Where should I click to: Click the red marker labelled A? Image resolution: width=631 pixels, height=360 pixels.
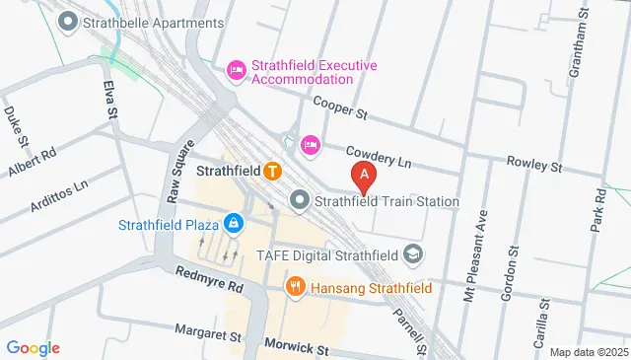point(365,178)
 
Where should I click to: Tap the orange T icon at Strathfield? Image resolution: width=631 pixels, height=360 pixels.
point(272,170)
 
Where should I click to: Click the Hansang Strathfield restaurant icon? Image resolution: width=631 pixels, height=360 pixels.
point(294,287)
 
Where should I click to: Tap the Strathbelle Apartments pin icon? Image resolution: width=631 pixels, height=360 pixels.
point(68,21)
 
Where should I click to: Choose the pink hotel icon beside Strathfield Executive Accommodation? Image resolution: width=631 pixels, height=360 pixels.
point(237,69)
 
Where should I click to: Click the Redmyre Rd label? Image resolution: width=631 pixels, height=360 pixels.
point(209,279)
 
